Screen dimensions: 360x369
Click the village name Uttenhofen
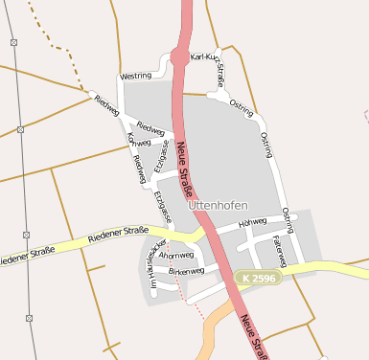(x=219, y=205)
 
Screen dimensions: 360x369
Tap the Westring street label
(x=136, y=76)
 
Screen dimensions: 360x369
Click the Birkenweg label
(x=186, y=272)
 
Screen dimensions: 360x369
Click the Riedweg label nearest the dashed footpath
(x=106, y=105)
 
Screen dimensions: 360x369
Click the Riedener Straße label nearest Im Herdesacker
(x=118, y=234)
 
